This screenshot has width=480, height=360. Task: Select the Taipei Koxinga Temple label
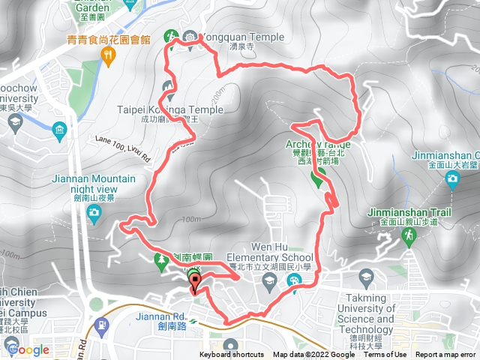click(x=170, y=109)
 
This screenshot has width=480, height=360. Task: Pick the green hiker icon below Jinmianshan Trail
click(x=409, y=236)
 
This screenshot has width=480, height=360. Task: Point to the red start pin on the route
click(x=196, y=283)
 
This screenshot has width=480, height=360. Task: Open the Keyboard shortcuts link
click(x=231, y=355)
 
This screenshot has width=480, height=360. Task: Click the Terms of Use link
click(x=385, y=355)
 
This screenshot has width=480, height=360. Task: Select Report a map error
click(x=447, y=355)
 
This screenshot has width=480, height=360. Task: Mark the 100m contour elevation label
click(x=193, y=219)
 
